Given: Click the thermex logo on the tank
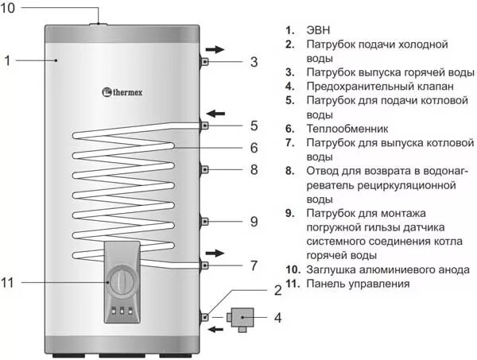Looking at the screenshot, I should pyautogui.click(x=126, y=92).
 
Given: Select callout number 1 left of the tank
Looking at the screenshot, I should pyautogui.click(x=7, y=60).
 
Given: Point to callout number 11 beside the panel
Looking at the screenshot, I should pyautogui.click(x=10, y=282).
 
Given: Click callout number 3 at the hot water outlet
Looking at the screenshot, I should pyautogui.click(x=254, y=61).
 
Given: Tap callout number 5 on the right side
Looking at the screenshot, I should pyautogui.click(x=254, y=126).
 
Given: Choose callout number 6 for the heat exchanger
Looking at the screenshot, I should pyautogui.click(x=254, y=148).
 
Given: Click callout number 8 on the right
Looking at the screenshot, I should pyautogui.click(x=254, y=169).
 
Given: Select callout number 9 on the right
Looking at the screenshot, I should pyautogui.click(x=254, y=221).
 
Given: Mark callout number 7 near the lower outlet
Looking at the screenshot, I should pyautogui.click(x=254, y=265).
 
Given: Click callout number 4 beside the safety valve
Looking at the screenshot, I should pyautogui.click(x=277, y=319).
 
